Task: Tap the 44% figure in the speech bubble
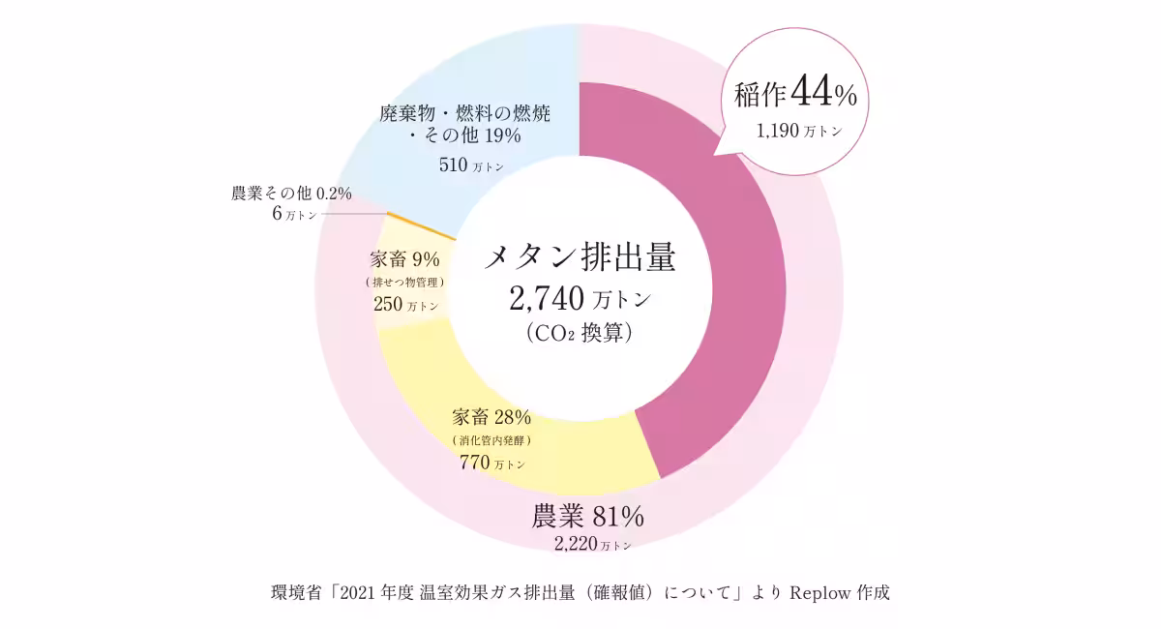tap(824, 94)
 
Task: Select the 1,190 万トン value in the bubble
tap(799, 132)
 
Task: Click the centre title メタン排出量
tap(580, 258)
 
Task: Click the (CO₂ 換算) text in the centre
tap(580, 333)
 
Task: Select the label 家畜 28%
tap(491, 418)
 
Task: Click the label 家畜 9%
tap(405, 259)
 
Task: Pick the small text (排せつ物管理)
tap(405, 283)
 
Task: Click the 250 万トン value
tap(405, 304)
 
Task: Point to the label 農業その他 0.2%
tap(291, 194)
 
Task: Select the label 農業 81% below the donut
tap(587, 517)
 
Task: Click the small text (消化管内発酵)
tap(491, 440)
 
